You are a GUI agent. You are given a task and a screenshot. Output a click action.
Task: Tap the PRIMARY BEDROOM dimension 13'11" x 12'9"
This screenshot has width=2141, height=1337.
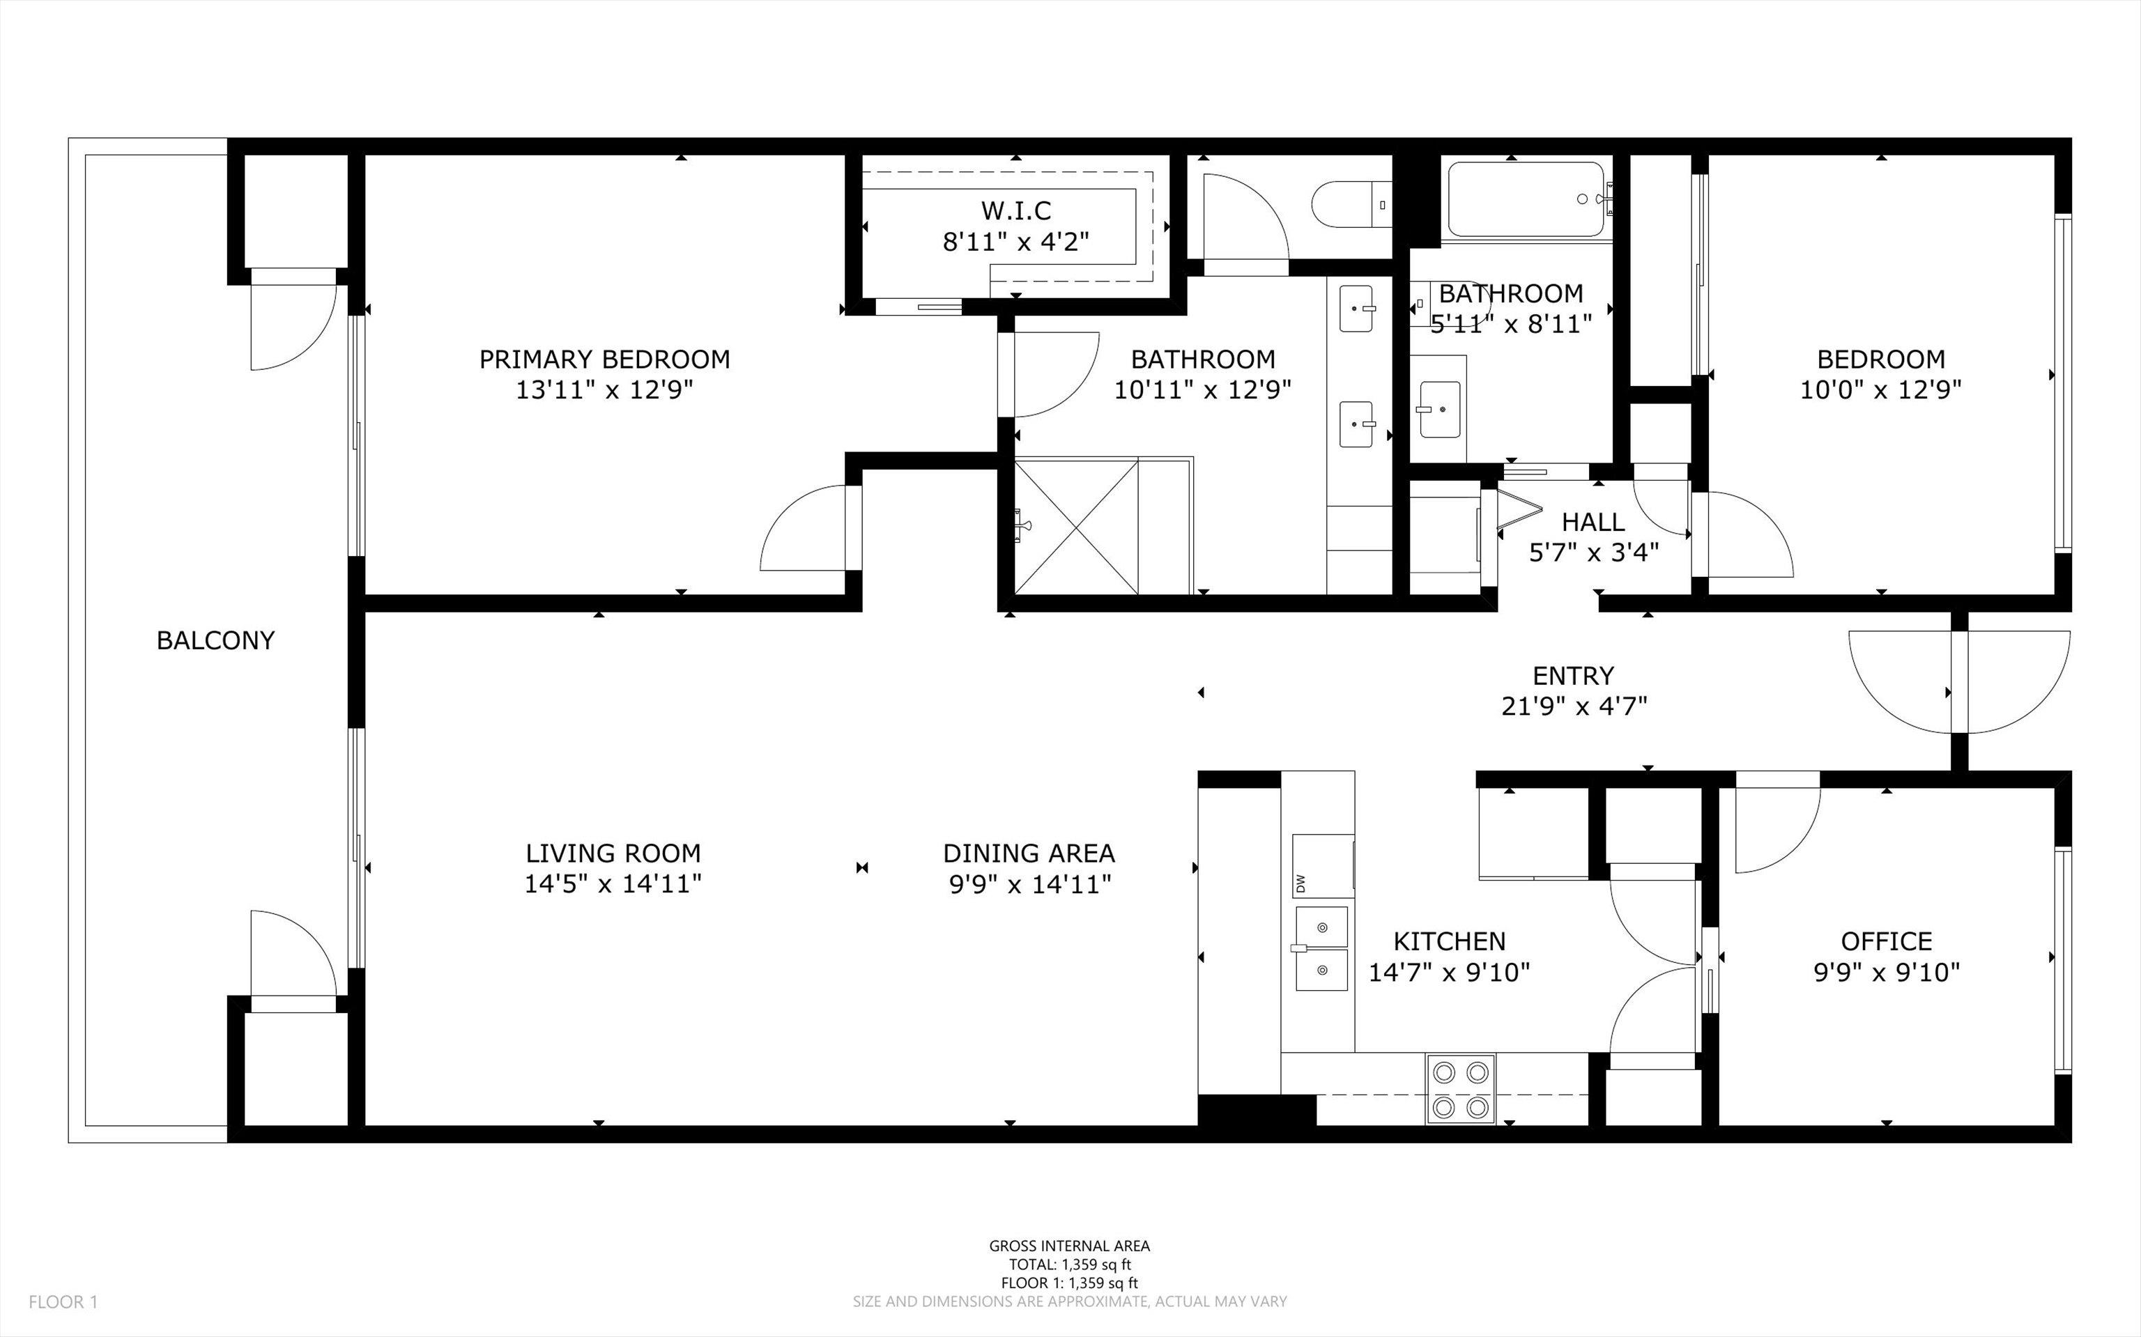point(604,390)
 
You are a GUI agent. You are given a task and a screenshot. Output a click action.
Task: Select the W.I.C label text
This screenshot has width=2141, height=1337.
point(1016,210)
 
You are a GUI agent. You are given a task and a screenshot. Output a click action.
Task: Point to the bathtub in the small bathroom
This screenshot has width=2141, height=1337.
point(1526,199)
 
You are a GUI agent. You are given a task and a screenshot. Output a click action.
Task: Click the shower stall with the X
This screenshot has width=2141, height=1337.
point(1076,526)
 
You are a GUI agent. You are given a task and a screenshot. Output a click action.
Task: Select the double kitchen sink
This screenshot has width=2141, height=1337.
point(1322,948)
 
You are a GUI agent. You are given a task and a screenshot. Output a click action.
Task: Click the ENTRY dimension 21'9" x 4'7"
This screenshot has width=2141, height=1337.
point(1573,706)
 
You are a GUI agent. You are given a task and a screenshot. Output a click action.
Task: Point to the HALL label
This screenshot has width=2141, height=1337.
point(1593,522)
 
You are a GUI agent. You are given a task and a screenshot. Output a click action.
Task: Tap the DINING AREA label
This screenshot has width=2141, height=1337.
point(1029,853)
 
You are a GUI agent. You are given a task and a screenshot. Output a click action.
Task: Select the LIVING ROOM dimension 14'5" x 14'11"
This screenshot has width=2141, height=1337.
point(613,883)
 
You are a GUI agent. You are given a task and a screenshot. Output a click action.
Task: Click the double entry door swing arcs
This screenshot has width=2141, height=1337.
point(1960,681)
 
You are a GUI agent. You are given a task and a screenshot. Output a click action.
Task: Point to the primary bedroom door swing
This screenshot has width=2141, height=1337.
point(806,531)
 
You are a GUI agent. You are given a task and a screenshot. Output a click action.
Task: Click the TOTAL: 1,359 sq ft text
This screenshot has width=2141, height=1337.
point(1069,1265)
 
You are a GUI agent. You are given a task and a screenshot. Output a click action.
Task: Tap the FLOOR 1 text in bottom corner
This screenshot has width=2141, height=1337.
point(63,1301)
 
